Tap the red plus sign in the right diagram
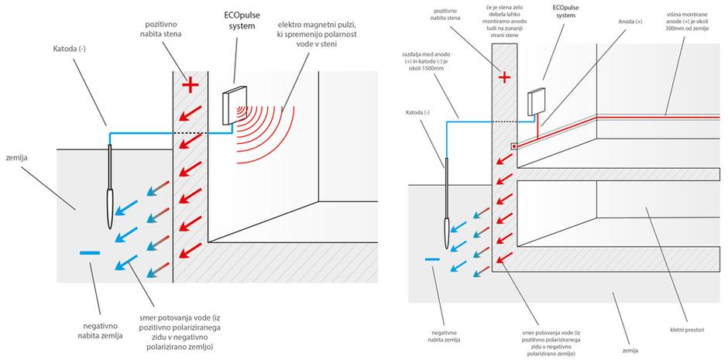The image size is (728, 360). click(505, 77)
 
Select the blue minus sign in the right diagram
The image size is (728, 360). click(432, 259)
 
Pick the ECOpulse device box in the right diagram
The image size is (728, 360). click(535, 102)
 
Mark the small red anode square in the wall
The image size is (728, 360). click(514, 146)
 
